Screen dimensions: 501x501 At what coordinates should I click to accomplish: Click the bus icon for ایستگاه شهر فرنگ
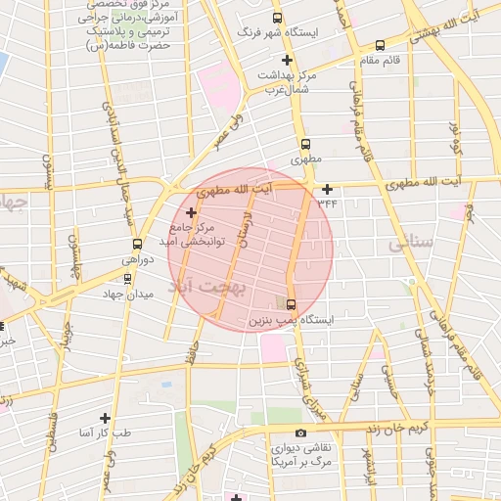278,19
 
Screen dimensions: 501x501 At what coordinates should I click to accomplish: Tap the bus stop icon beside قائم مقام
381,44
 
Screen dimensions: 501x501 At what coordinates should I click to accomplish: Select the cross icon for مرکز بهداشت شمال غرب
286,62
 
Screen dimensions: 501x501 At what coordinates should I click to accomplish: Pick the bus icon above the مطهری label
305,143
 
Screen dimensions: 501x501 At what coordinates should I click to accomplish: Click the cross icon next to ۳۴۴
327,190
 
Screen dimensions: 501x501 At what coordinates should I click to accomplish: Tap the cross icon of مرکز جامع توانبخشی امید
190,211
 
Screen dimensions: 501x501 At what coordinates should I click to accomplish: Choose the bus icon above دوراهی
137,245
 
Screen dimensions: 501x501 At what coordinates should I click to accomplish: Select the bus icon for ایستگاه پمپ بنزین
290,303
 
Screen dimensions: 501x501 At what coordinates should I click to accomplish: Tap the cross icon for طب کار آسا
105,418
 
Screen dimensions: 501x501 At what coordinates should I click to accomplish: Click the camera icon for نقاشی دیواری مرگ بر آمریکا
300,433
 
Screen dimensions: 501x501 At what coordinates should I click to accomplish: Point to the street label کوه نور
454,140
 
